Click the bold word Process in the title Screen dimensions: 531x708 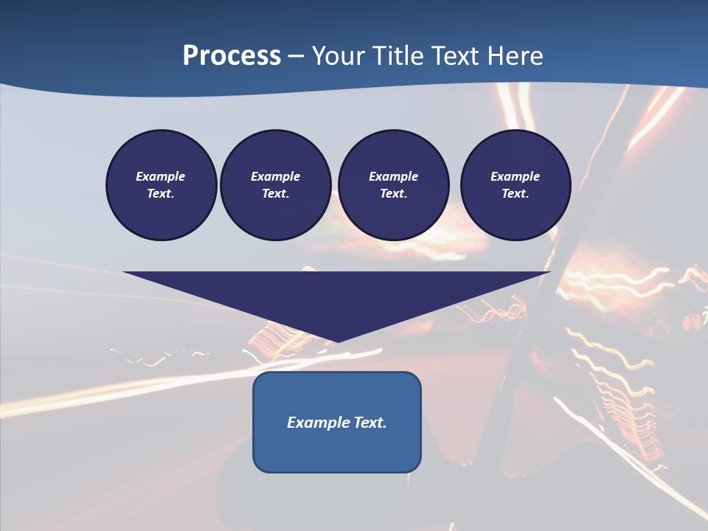232,56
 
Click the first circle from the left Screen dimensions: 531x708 161,184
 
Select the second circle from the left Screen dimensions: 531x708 275,184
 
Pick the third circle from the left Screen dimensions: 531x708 393,184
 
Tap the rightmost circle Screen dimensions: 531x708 515,184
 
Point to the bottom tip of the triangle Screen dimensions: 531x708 337,341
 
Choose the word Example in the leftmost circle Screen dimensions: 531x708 161,176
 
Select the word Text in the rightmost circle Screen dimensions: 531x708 515,193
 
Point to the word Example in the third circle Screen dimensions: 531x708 393,176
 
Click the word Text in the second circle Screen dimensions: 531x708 275,193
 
